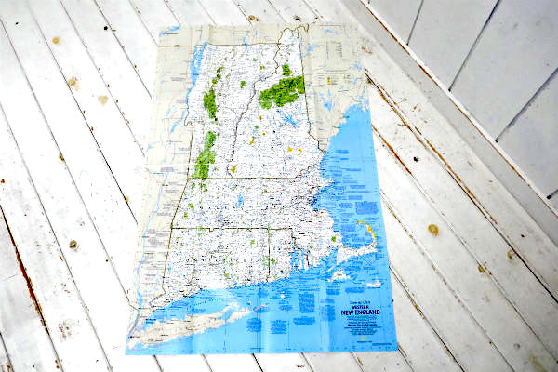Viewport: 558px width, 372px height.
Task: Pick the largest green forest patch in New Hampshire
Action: [x=282, y=91]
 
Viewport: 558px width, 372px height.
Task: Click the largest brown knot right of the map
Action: [x=433, y=229]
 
